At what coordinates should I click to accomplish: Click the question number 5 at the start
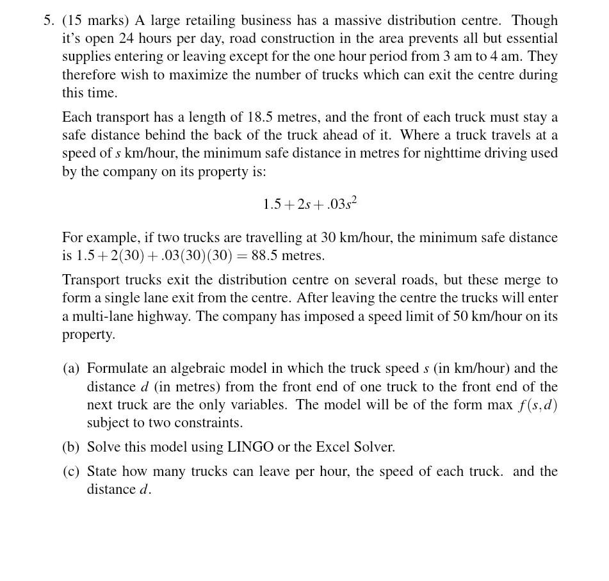(x=49, y=20)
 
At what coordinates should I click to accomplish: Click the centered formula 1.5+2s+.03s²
(x=310, y=204)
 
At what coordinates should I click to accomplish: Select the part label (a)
(x=71, y=368)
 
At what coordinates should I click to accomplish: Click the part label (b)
(x=71, y=447)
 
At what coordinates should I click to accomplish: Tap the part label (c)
(x=71, y=471)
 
